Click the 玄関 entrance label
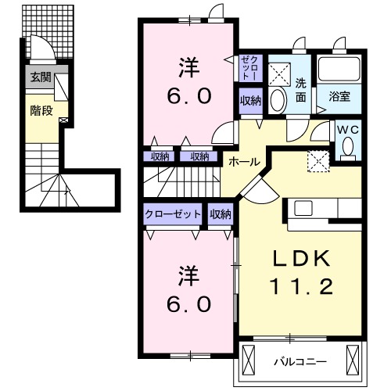pos(41,77)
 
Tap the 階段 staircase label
pos(41,110)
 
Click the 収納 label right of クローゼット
pos(221,213)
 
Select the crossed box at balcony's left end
pos(250,361)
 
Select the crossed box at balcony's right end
pos(354,361)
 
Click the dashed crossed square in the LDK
pos(318,161)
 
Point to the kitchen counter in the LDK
pos(325,208)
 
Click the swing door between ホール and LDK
pos(256,188)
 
